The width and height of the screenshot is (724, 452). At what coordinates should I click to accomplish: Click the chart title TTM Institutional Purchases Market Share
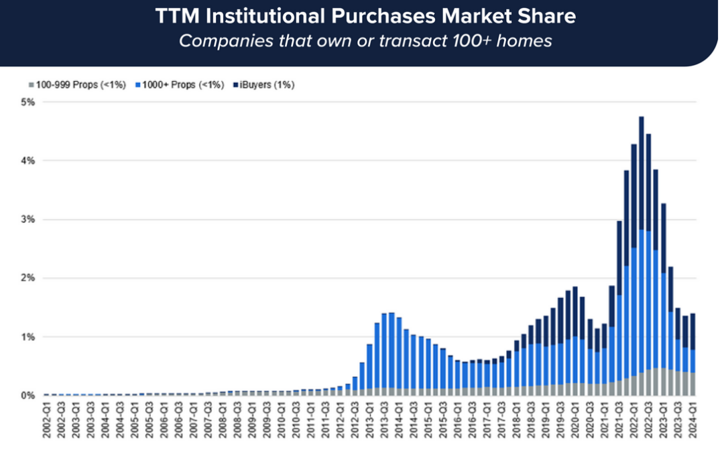pyautogui.click(x=365, y=16)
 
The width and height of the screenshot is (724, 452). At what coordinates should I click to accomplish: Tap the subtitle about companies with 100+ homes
pyautogui.click(x=365, y=41)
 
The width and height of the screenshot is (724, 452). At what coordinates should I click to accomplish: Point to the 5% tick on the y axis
pyautogui.click(x=29, y=102)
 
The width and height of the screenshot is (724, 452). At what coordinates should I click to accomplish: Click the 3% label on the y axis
pyautogui.click(x=29, y=219)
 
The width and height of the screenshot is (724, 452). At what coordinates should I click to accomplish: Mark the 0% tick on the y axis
pyautogui.click(x=29, y=395)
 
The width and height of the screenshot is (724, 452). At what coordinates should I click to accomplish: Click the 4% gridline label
pyautogui.click(x=29, y=161)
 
